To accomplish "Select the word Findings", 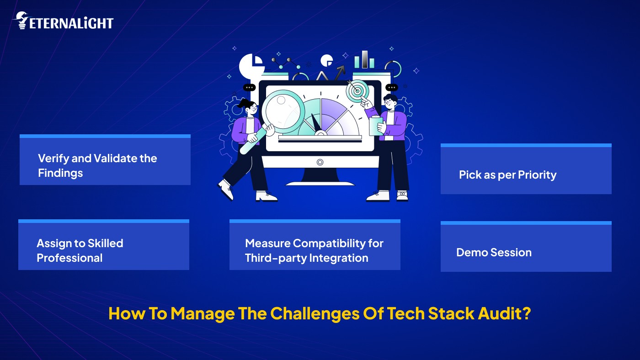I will coord(60,173).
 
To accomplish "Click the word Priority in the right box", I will coord(537,175).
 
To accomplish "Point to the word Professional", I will coord(69,258).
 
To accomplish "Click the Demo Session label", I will coord(494,253).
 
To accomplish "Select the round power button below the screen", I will coord(320,162).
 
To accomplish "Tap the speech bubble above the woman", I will coord(249,87).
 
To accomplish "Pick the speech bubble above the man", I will coord(391,87).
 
